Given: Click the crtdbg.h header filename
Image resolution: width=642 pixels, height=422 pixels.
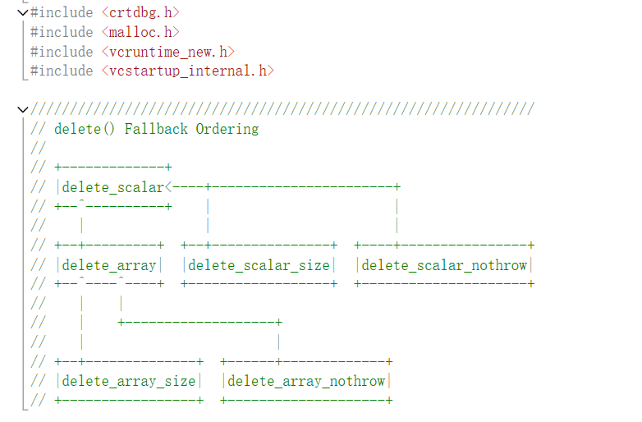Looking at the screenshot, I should click(x=141, y=12).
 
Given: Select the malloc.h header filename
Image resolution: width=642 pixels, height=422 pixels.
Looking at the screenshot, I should click(x=141, y=32).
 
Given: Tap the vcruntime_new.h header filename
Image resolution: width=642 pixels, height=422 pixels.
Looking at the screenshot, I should click(x=169, y=52).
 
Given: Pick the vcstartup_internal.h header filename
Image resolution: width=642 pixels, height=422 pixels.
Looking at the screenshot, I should click(x=188, y=71).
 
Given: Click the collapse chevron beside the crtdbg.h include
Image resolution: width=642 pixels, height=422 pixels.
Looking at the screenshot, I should click(x=21, y=12).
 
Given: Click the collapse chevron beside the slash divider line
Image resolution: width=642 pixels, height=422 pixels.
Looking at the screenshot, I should click(x=21, y=109).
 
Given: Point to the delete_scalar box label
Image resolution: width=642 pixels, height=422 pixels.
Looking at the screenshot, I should click(x=113, y=187).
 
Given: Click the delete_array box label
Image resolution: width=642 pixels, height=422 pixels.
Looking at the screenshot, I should click(x=109, y=265).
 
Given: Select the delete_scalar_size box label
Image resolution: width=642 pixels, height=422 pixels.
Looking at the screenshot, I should click(x=259, y=265).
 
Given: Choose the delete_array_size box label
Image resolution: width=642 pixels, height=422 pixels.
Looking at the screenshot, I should click(x=129, y=381).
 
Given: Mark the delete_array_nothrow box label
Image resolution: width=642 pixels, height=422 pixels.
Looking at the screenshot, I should click(x=306, y=381).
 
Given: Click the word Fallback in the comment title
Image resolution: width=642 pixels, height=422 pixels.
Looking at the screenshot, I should click(x=156, y=129).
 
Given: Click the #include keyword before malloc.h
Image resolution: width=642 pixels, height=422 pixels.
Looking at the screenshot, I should click(x=62, y=32).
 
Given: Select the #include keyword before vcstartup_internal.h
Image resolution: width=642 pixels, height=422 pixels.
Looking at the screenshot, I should click(x=62, y=71).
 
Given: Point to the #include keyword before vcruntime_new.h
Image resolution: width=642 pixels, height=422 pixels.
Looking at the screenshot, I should click(x=62, y=52).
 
